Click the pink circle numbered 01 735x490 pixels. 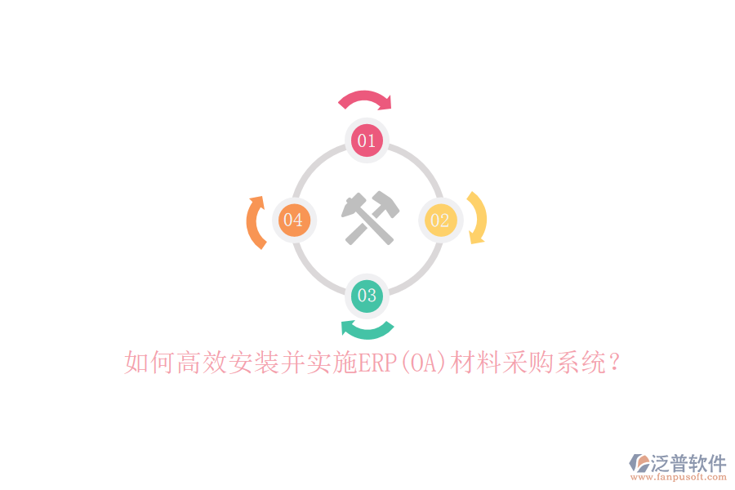(367, 140)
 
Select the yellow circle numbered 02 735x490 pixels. (440, 220)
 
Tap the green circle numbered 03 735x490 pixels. (367, 296)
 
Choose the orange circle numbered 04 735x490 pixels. (294, 220)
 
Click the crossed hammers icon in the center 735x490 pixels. (370, 218)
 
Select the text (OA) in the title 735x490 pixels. (424, 363)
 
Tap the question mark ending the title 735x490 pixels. (613, 363)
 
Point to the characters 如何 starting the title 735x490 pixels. (150, 363)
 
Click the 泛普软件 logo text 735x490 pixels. (688, 463)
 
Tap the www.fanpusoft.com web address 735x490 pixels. (679, 477)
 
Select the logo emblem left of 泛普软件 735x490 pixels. (639, 463)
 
